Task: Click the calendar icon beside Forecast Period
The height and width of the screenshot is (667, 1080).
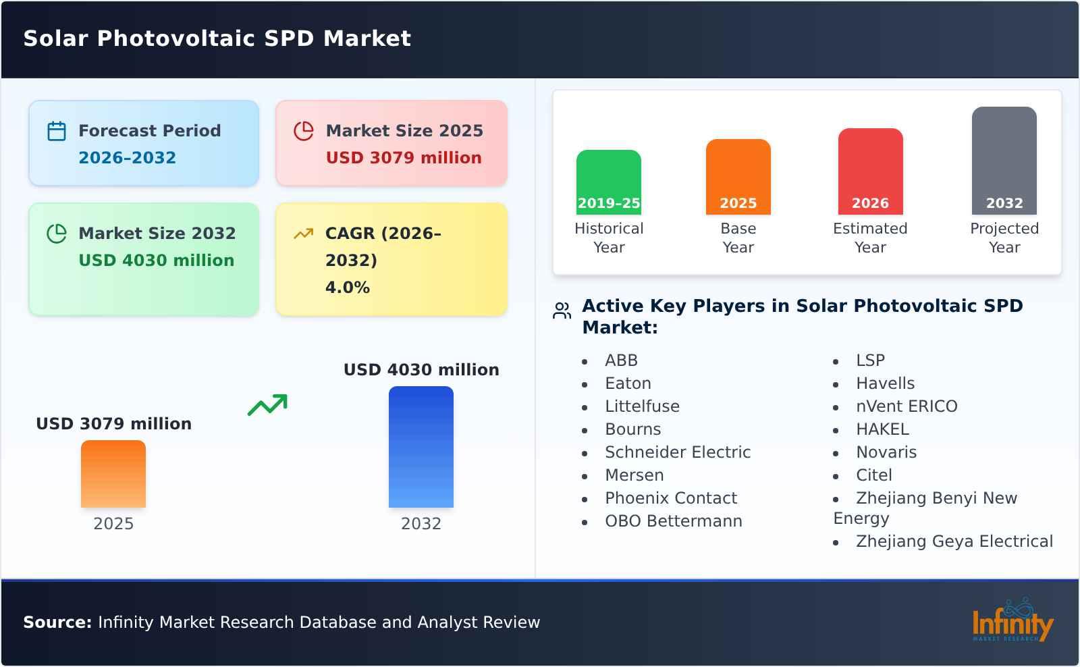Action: coord(57,131)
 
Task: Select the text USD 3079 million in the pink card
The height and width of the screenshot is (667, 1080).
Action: coord(404,158)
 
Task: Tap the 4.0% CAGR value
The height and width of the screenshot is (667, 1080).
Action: coord(347,288)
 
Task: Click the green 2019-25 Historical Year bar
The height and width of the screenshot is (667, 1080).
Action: coord(608,182)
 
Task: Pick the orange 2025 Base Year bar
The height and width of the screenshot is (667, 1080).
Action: coord(738,176)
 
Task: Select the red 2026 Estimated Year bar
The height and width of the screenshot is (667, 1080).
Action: coord(870,171)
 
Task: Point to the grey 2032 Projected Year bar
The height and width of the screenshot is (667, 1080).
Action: coord(1004,160)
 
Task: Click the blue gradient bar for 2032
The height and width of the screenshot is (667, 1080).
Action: coord(421,446)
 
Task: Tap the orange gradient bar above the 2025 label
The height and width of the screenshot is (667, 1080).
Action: coord(113,473)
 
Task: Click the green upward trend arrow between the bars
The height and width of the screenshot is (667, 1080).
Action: coord(267,405)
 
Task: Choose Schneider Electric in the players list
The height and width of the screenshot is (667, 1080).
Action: coord(677,452)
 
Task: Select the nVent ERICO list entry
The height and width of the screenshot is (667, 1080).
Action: coord(906,406)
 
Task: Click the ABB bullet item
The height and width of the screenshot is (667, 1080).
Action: coord(621,361)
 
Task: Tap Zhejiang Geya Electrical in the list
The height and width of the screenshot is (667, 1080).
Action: coord(954,541)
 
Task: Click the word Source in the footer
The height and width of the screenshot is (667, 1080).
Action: coord(57,622)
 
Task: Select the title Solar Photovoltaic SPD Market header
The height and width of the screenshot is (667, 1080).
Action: coord(217,38)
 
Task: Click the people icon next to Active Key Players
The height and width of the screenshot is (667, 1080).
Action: coord(562,311)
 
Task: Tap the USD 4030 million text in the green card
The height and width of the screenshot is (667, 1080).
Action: coord(156,261)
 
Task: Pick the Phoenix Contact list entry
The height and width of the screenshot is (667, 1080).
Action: coord(670,498)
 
